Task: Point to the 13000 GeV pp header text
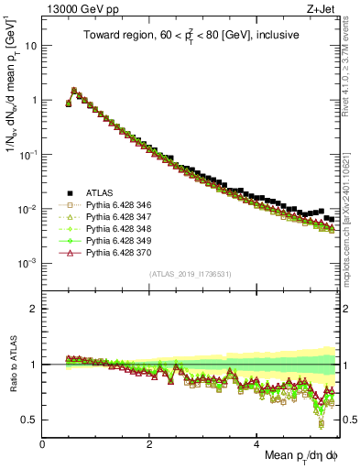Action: [x=78, y=10]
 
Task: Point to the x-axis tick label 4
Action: [x=257, y=443]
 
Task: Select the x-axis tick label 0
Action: [x=43, y=443]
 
